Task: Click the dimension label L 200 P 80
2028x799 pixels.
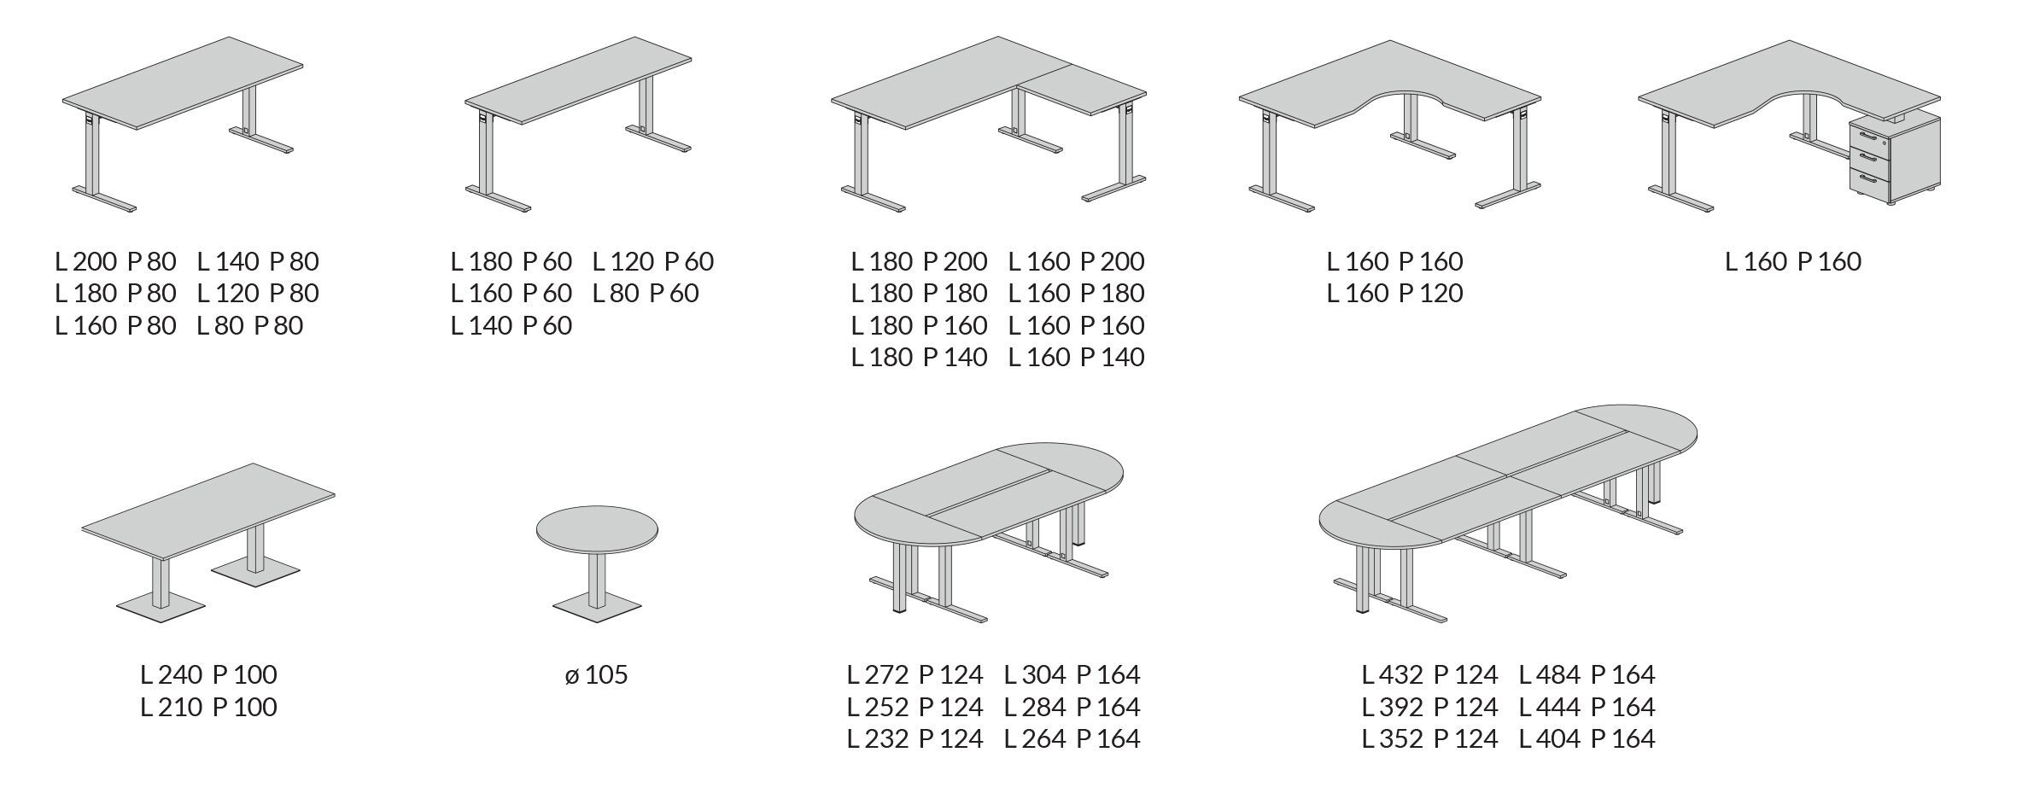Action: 115,261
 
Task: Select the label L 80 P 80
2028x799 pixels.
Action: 249,325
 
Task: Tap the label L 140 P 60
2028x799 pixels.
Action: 511,325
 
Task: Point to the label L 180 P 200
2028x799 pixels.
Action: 919,261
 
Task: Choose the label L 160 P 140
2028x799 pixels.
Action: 1076,357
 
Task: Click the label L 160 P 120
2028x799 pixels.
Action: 1394,293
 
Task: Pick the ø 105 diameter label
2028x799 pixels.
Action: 596,675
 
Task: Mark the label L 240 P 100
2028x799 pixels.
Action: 208,675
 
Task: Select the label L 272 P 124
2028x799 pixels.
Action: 915,675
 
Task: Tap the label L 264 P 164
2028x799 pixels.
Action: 1072,738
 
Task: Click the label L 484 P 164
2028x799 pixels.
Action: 1587,675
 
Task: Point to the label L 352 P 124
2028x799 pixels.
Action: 1429,738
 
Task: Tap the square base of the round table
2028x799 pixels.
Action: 596,606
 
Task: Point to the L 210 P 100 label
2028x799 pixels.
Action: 208,707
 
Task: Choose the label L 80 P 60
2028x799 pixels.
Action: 646,293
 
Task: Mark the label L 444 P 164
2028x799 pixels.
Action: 1587,707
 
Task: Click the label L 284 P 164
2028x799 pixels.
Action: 1072,707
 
